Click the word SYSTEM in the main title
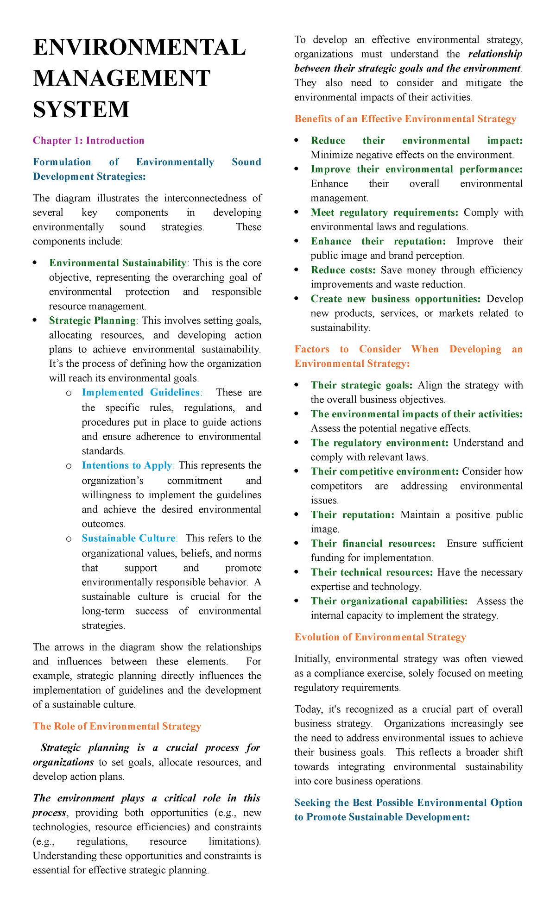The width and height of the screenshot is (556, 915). (x=81, y=109)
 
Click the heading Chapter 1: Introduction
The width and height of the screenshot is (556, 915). (x=88, y=140)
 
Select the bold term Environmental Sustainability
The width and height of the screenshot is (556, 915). (x=118, y=263)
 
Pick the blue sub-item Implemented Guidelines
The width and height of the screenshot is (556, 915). (x=140, y=392)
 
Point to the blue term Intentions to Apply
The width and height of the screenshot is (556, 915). (x=127, y=465)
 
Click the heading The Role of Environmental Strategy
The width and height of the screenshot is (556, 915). (x=117, y=726)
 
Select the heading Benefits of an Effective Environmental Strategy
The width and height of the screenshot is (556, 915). (x=405, y=119)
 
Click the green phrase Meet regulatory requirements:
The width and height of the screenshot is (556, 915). (x=384, y=213)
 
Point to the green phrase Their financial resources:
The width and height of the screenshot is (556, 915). (x=373, y=543)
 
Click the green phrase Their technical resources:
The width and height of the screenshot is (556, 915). (x=372, y=572)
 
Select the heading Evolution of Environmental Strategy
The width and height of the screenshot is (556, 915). (x=380, y=637)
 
